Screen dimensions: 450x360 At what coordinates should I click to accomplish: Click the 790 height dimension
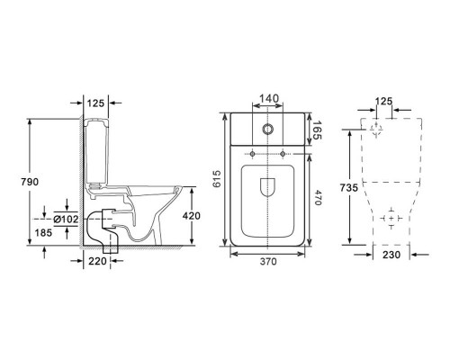[x=30, y=182]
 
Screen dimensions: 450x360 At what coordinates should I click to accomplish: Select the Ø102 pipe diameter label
[x=66, y=220]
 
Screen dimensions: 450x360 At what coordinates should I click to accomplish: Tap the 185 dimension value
[x=43, y=232]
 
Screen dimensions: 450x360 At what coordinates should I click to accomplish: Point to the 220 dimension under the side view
[x=97, y=261]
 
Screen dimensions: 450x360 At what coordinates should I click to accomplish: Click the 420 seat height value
[x=191, y=216]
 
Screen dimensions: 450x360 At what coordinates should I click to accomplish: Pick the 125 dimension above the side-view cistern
[x=95, y=103]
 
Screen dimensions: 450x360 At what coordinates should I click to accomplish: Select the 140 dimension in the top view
[x=269, y=98]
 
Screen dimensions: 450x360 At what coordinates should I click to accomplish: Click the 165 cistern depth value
[x=317, y=130]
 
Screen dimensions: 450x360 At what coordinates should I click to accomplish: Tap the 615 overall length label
[x=217, y=179]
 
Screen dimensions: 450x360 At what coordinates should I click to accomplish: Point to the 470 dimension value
[x=317, y=198]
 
